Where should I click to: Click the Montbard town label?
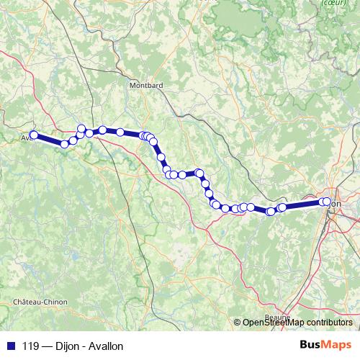(145, 85)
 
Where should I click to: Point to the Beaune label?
(277, 316)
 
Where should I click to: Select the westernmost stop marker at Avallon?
(33, 135)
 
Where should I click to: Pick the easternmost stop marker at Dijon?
(328, 202)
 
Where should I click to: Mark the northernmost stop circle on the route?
(81, 128)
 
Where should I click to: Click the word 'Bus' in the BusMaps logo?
(312, 346)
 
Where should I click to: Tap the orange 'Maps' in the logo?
(338, 346)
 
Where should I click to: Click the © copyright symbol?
(237, 322)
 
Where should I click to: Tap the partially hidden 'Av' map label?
(24, 136)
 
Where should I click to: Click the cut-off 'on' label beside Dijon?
(337, 203)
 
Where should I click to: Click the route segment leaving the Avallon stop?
(48, 140)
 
